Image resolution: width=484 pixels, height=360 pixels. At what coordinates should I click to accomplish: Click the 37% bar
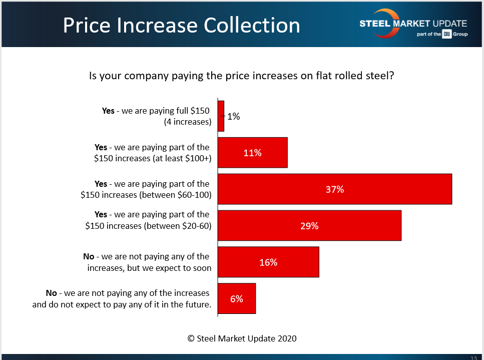[334, 189]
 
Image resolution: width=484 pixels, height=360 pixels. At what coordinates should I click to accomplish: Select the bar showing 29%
[309, 225]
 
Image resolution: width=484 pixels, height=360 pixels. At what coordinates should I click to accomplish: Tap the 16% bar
[268, 262]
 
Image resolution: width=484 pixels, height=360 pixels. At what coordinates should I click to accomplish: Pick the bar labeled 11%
[252, 153]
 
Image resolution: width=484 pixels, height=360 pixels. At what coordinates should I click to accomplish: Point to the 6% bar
[237, 298]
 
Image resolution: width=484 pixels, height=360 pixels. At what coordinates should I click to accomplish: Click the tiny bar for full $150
[221, 116]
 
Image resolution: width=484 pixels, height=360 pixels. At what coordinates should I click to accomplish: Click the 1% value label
[234, 117]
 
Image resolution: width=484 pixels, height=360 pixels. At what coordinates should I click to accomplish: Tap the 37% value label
[334, 189]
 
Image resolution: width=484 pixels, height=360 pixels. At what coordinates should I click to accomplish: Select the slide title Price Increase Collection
[181, 25]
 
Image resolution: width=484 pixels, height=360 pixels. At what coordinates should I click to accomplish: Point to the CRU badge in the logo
[447, 34]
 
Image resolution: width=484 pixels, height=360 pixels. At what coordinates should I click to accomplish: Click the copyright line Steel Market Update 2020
[242, 338]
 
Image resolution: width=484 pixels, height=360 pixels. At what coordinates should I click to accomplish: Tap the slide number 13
[473, 357]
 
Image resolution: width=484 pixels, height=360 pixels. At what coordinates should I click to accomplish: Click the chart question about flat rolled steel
[242, 76]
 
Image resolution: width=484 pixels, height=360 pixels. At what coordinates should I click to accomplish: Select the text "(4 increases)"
[187, 122]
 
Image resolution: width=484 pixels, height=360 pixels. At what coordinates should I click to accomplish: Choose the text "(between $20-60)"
[177, 226]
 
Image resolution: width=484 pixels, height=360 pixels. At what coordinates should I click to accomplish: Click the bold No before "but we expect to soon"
[89, 257]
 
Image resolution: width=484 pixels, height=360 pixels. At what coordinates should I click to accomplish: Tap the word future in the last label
[195, 303]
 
